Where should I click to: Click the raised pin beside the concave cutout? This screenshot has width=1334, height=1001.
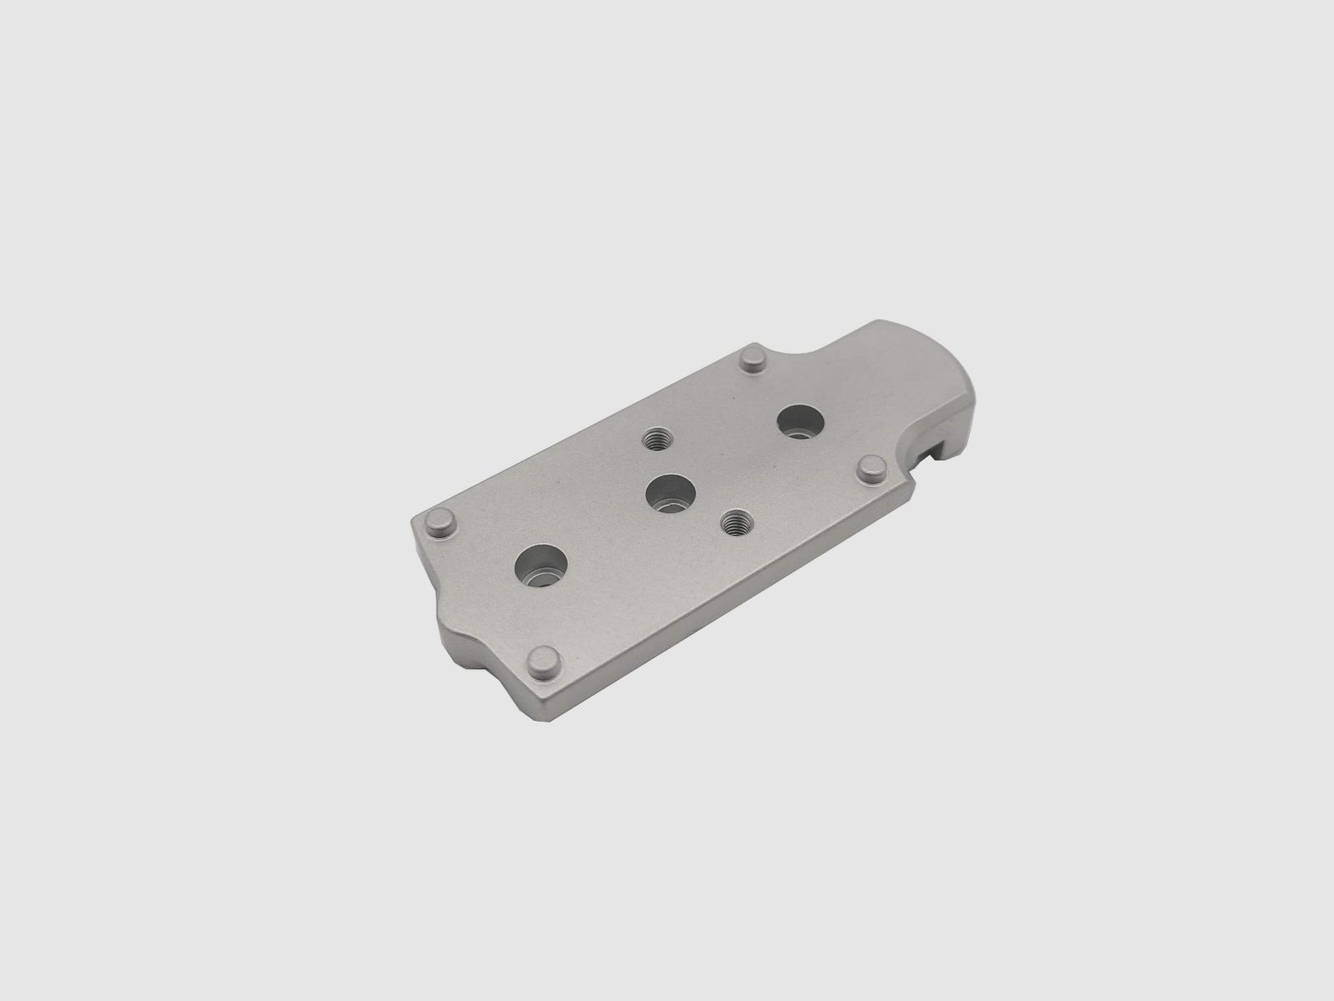click(755, 360)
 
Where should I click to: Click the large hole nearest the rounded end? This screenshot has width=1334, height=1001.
click(799, 420)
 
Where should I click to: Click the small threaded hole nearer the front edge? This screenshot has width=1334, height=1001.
click(734, 523)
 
